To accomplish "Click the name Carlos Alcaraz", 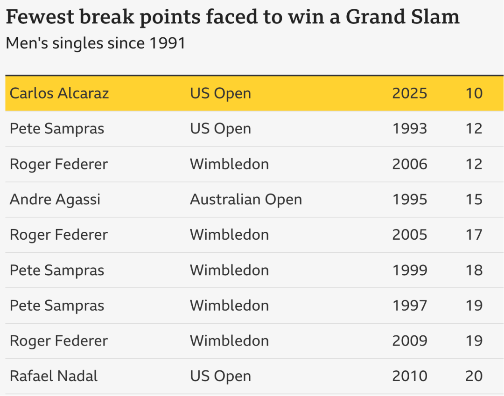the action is click(x=59, y=93).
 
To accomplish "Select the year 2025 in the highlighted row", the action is click(x=410, y=93).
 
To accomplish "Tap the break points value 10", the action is click(x=474, y=93).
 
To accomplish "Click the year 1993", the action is click(x=410, y=128).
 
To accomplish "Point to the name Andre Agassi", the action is click(x=55, y=200).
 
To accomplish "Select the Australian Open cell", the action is click(x=246, y=200).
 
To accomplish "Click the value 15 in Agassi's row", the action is click(x=474, y=200).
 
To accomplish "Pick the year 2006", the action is click(x=410, y=164).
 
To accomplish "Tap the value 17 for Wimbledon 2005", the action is click(x=474, y=235).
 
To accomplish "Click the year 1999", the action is click(x=410, y=270).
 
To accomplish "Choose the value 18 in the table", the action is click(x=474, y=270).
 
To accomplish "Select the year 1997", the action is click(x=410, y=306).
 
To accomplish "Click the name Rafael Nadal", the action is click(x=53, y=376).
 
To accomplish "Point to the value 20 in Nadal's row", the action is click(x=474, y=376).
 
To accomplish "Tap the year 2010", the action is click(x=410, y=376).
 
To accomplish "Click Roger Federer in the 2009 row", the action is click(x=58, y=341).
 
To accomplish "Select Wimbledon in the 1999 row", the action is click(x=229, y=270).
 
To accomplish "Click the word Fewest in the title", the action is click(x=40, y=17).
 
